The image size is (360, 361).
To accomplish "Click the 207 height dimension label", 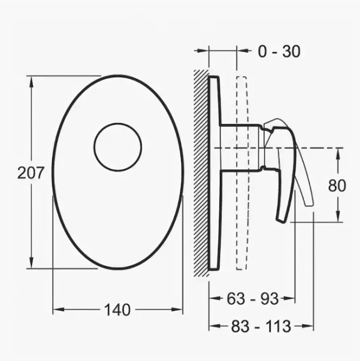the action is [31, 173].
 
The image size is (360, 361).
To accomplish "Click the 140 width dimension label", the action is [118, 310].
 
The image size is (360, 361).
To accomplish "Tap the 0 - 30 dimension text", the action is [279, 51].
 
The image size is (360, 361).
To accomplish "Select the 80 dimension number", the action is [337, 186].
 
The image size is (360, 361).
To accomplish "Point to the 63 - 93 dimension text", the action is [252, 299].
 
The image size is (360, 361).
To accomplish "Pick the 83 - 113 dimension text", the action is [261, 326].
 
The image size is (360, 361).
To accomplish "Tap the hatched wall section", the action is [201, 172].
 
